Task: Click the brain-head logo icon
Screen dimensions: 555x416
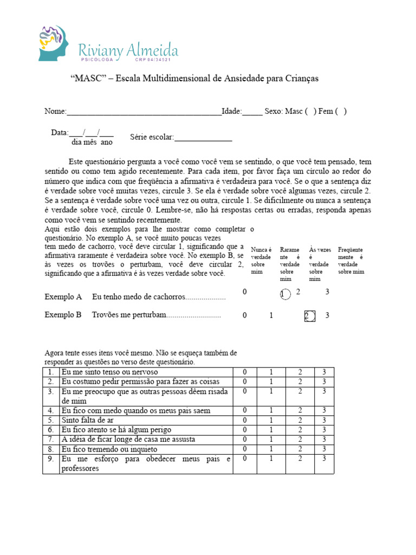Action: point(54,43)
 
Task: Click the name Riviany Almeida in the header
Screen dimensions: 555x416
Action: point(128,51)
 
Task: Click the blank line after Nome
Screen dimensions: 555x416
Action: point(144,112)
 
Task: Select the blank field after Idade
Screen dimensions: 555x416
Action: point(252,112)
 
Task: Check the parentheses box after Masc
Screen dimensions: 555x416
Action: point(310,111)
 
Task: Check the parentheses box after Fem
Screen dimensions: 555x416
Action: point(341,111)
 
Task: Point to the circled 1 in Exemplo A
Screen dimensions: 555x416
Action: point(284,294)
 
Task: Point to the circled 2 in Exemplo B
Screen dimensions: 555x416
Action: point(309,316)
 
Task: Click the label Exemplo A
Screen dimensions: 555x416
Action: point(63,297)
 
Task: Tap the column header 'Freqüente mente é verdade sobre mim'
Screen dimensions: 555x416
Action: point(351,260)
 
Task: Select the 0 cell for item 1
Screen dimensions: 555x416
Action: point(245,372)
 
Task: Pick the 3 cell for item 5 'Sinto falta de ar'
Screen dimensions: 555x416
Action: point(324,420)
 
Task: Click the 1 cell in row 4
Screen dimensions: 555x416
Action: point(271,410)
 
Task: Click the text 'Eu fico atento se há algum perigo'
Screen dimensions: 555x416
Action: point(115,430)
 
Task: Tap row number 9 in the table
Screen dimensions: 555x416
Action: point(50,459)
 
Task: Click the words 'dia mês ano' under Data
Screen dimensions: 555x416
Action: point(92,142)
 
